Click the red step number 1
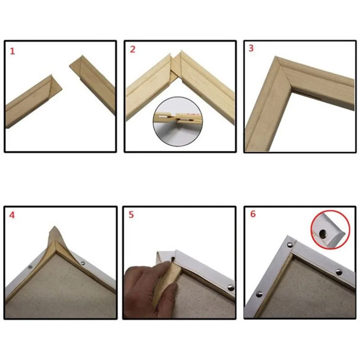(13, 51)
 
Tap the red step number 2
(132, 49)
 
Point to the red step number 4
(12, 215)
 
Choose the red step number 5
(131, 215)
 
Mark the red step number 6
(252, 214)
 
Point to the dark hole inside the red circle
(323, 234)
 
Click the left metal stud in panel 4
(31, 267)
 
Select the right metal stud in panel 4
(83, 262)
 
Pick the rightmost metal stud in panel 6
(338, 272)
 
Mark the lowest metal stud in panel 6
(260, 294)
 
